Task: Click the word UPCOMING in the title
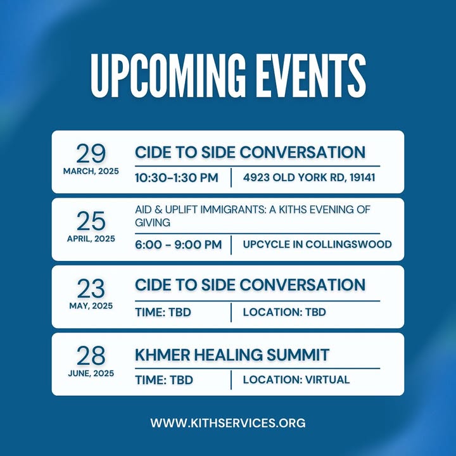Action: pos(168,76)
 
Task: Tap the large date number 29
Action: pos(91,153)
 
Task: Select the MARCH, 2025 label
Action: pos(91,171)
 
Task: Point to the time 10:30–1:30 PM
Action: pos(177,178)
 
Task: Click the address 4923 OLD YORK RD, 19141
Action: pos(309,177)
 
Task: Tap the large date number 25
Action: pos(91,221)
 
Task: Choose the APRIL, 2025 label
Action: pos(91,239)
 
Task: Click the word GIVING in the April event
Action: pos(153,223)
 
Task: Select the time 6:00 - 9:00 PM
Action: pos(178,244)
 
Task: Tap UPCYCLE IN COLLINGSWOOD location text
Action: pos(317,244)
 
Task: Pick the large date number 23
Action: pos(91,289)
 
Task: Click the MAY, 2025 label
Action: pos(91,306)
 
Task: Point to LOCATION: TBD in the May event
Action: pos(284,312)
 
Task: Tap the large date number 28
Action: pos(91,356)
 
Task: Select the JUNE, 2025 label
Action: pos(91,374)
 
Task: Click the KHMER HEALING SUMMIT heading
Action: pos(232,355)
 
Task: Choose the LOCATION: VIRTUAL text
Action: pos(296,379)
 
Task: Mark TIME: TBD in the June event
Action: pos(164,380)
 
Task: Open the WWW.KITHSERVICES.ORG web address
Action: pos(228,423)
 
